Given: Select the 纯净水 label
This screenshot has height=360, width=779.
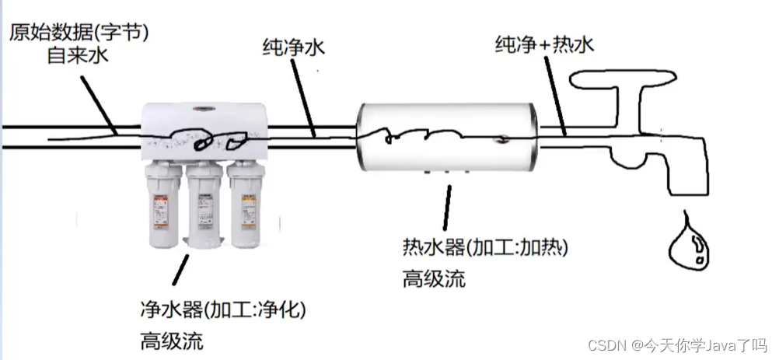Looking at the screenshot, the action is tap(293, 48).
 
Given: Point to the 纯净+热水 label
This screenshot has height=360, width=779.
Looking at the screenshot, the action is tap(544, 44).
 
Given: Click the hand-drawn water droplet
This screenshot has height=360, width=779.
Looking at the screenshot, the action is tap(689, 245).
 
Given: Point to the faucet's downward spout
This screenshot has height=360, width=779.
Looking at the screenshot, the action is tap(689, 175).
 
